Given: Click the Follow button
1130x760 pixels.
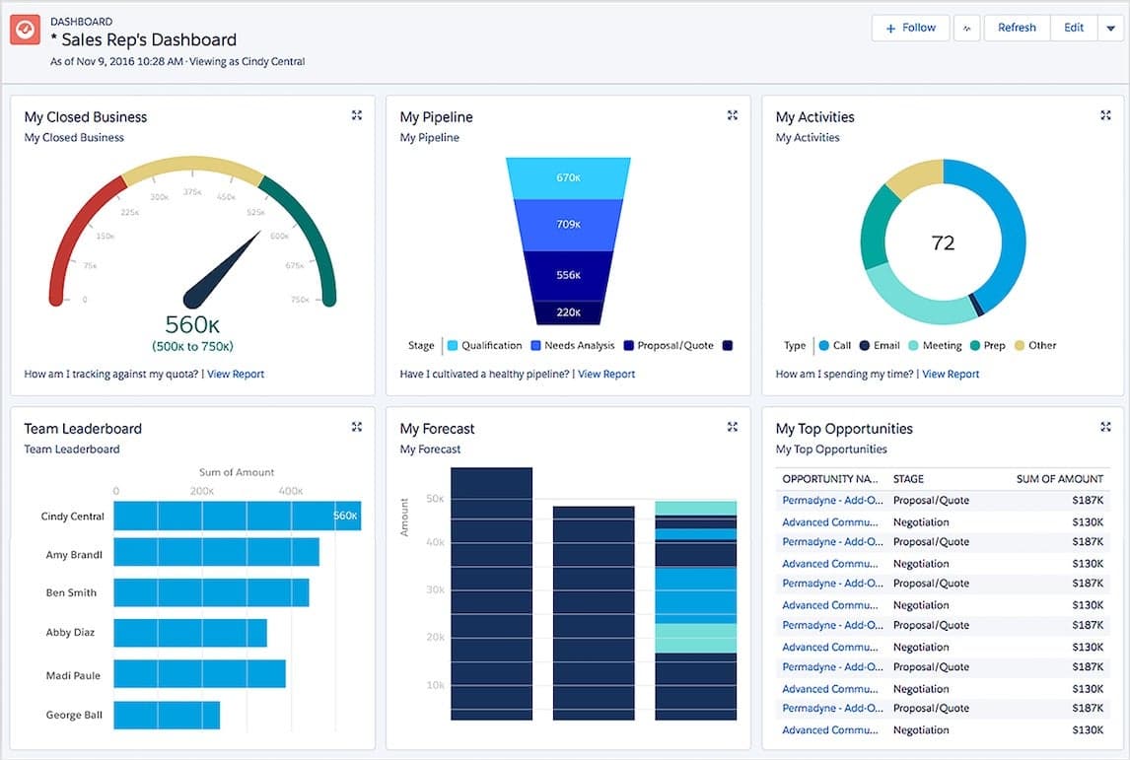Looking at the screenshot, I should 910,28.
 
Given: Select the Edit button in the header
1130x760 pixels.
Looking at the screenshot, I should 1074,28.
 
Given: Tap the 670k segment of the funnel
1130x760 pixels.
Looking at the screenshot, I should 567,178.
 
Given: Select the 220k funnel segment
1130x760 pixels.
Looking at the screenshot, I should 567,312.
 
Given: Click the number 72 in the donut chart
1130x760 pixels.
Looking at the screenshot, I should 943,242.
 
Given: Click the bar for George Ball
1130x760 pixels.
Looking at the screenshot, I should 167,715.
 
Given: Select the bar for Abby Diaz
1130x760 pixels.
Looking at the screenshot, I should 189,633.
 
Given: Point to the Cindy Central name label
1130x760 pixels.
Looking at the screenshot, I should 73,517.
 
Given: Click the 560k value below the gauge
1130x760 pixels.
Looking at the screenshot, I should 192,324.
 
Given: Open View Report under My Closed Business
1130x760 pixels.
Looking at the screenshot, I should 235,375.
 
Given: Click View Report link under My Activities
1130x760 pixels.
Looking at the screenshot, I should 951,375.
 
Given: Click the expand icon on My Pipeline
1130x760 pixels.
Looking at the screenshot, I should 732,115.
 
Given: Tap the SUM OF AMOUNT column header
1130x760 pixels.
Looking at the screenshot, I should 1059,479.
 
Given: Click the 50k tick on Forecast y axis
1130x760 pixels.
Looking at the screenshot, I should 434,500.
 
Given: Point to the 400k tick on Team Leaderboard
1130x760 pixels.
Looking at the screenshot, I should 290,491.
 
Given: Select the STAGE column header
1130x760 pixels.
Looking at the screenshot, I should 908,479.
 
